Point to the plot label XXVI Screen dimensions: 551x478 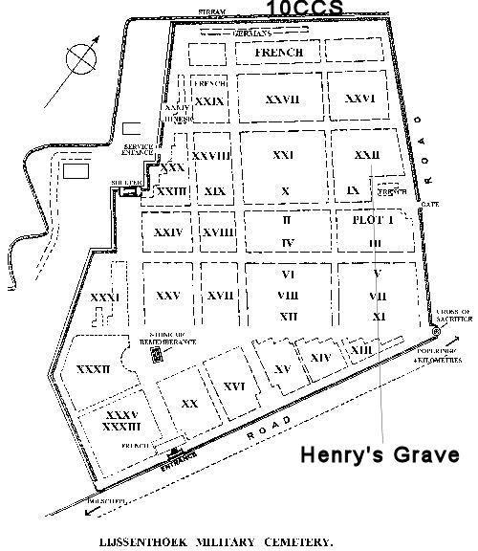(359, 98)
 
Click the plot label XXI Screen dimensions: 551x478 (283, 154)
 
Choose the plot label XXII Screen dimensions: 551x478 (365, 154)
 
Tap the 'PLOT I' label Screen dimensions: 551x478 (374, 220)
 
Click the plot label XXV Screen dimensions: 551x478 (167, 296)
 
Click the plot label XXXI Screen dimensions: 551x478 (105, 298)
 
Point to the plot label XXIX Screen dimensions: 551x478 (208, 99)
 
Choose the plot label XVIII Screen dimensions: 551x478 (220, 231)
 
